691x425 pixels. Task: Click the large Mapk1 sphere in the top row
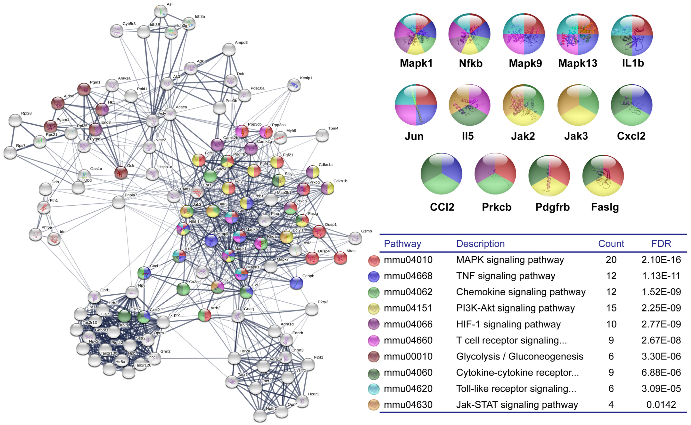tap(415, 34)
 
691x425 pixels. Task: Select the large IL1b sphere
tap(632, 35)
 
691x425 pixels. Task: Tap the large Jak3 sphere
tap(578, 105)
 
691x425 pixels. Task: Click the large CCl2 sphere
tap(441, 174)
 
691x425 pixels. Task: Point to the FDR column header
tap(661, 243)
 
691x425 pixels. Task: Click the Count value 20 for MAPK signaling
tap(611, 260)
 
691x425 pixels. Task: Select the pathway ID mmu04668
tap(408, 276)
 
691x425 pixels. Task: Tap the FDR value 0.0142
tap(661, 405)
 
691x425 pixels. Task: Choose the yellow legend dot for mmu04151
tap(373, 309)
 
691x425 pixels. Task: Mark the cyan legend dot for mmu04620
tap(373, 389)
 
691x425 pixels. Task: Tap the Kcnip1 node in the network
tap(294, 85)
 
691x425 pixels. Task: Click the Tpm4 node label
tap(333, 128)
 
